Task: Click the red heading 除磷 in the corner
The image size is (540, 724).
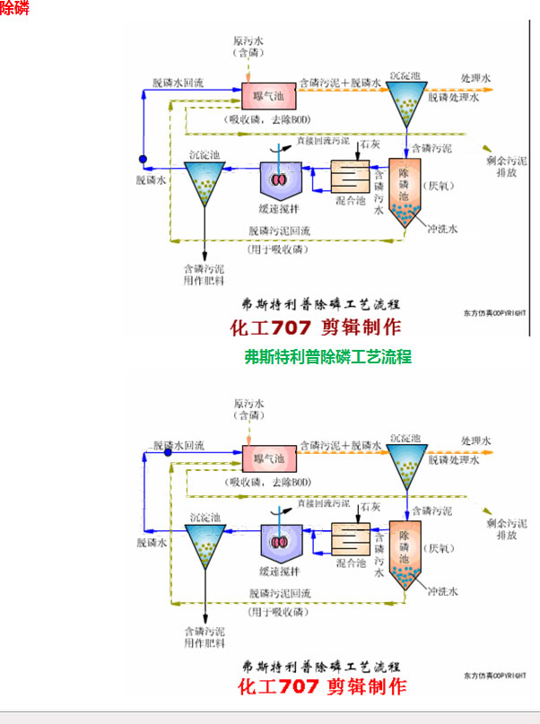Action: point(13,8)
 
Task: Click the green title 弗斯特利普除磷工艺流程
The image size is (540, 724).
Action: point(327,356)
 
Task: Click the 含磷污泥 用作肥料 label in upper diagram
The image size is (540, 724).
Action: point(205,274)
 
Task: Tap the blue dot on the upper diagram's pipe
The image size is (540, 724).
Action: point(142,161)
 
